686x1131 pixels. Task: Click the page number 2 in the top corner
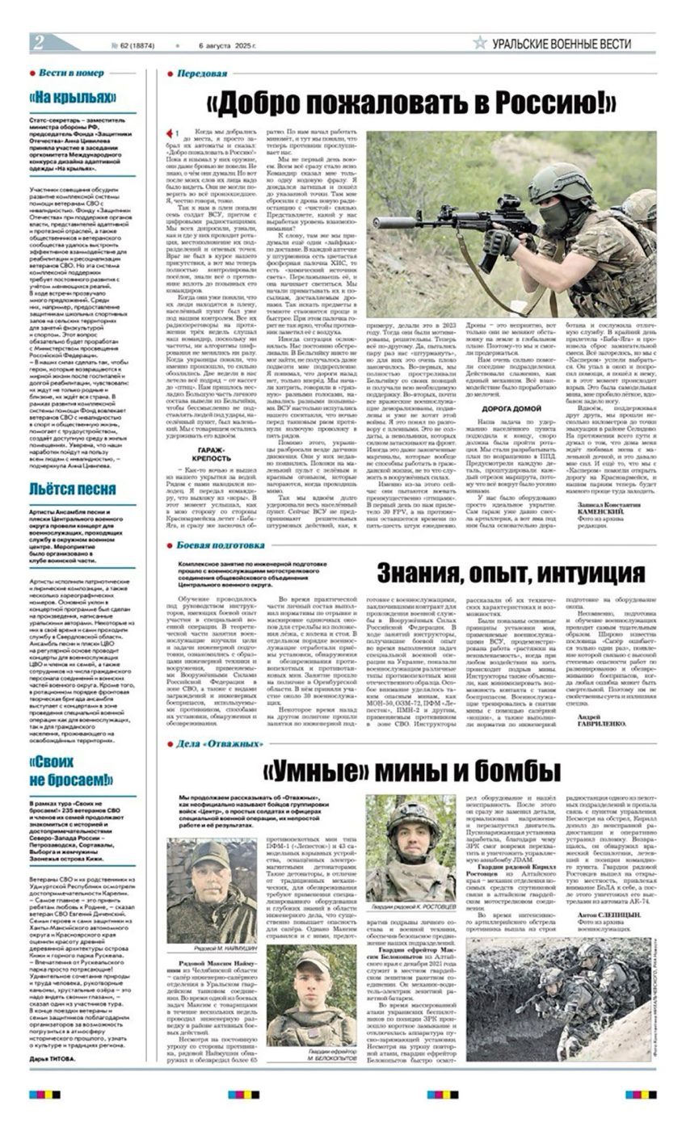[38, 42]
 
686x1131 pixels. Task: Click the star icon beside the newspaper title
[480, 44]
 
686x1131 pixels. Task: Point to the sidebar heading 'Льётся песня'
[73, 490]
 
